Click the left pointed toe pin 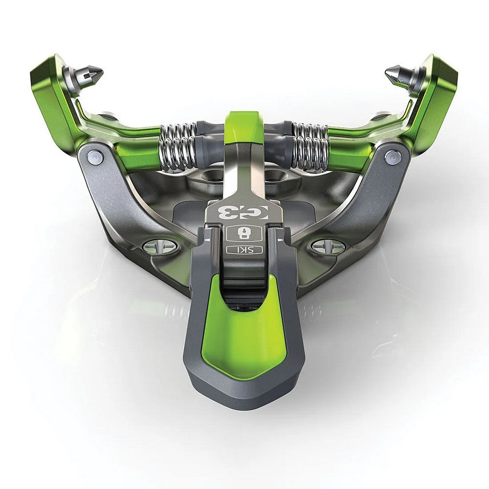tap(90, 75)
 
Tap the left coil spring tap(178, 145)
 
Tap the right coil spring tap(310, 145)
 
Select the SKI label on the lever tap(244, 250)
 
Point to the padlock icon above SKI tap(244, 233)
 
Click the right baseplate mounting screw tap(328, 246)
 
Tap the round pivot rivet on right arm tap(392, 157)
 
